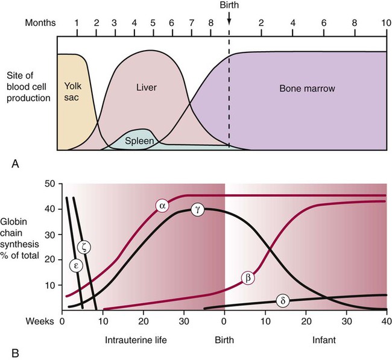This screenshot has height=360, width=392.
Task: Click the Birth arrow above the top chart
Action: (x=229, y=22)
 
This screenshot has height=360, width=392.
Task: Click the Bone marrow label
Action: (x=308, y=89)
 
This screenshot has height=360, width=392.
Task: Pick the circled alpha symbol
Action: (x=161, y=205)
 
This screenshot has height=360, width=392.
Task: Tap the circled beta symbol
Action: (x=248, y=278)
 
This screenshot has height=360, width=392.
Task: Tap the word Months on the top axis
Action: (x=40, y=23)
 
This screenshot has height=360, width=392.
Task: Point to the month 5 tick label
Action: (x=153, y=23)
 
